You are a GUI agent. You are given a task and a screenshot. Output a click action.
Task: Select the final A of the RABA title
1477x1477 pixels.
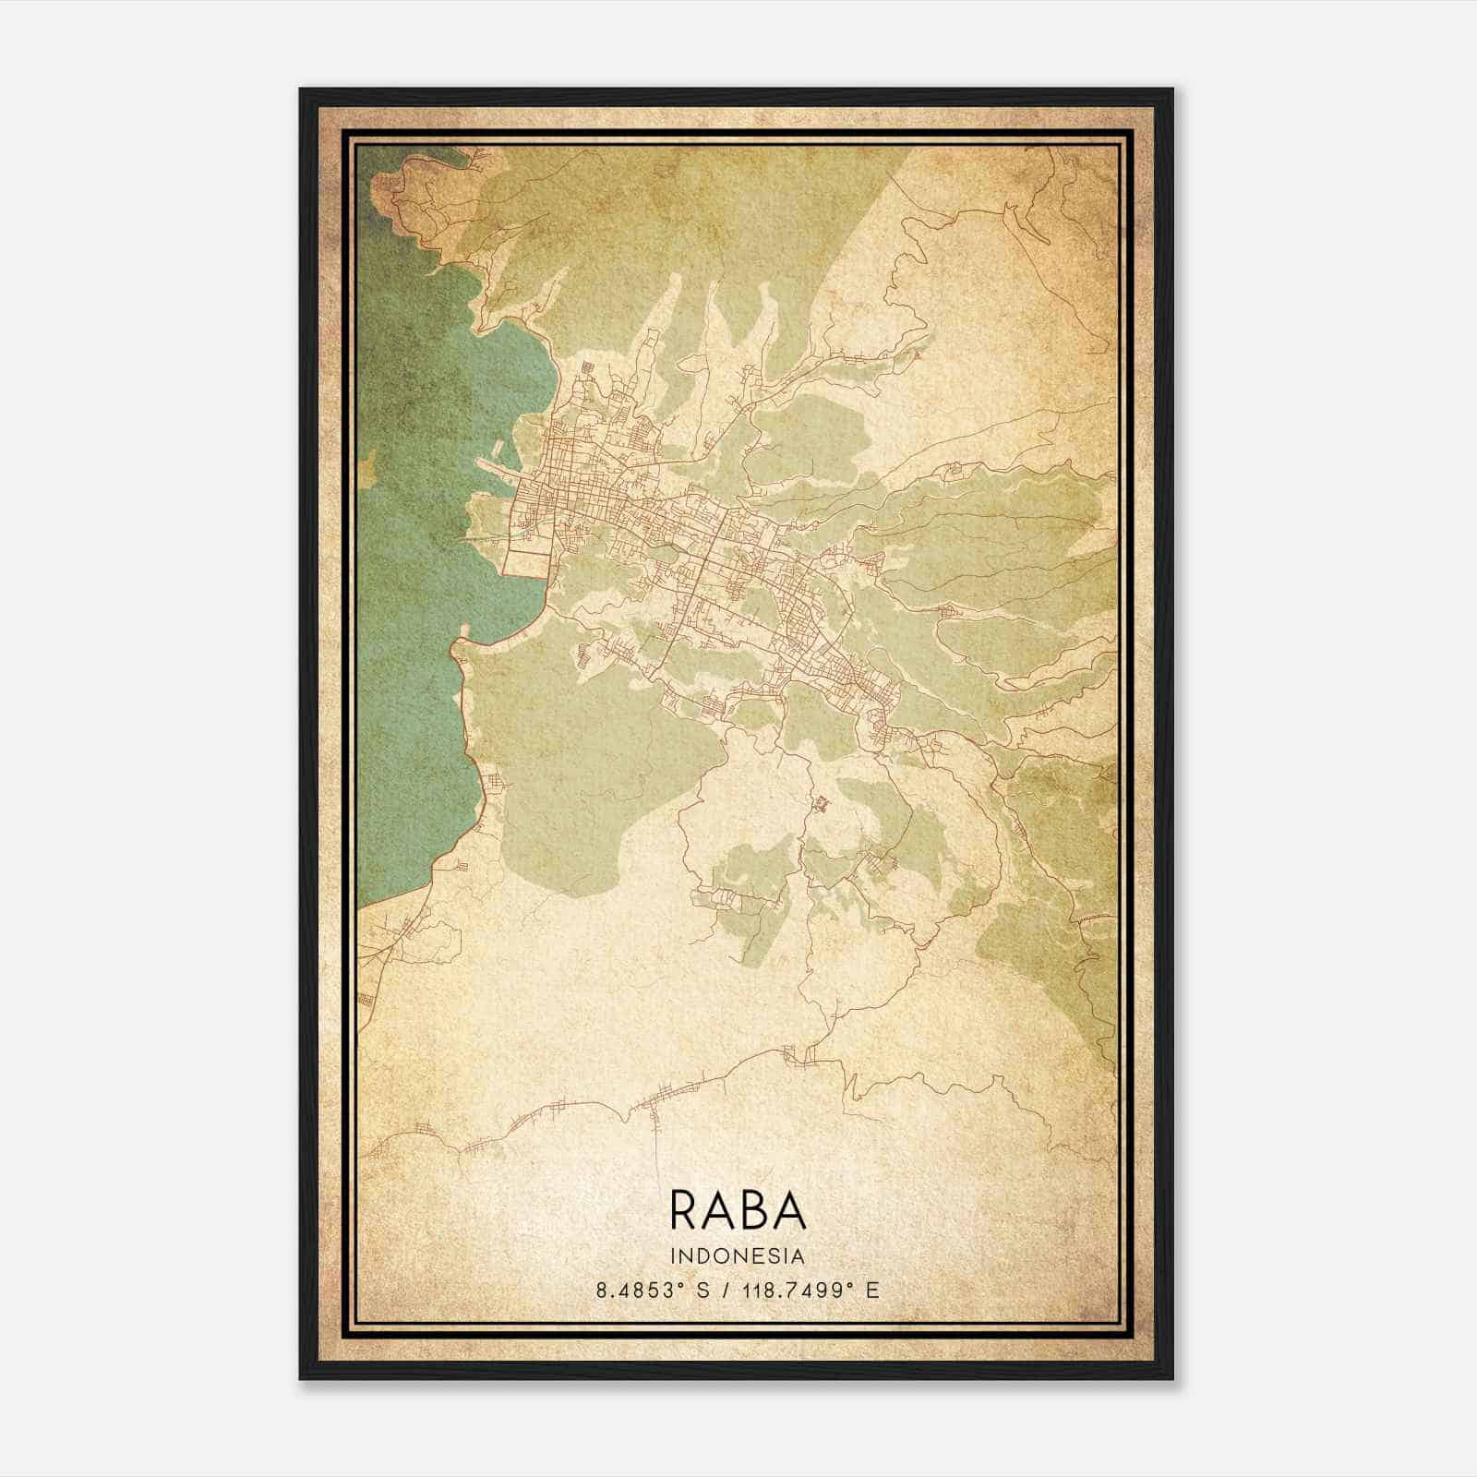coord(791,1209)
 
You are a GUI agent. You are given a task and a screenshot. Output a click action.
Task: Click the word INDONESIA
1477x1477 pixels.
coord(738,1256)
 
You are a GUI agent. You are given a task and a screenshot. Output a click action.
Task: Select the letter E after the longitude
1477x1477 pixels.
coord(872,1291)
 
